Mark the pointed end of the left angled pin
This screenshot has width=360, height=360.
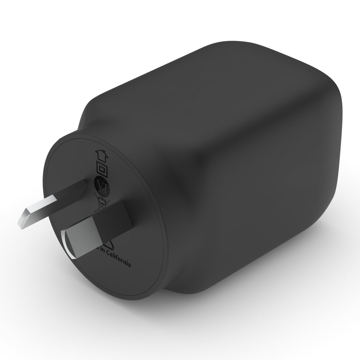click(x=19, y=222)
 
